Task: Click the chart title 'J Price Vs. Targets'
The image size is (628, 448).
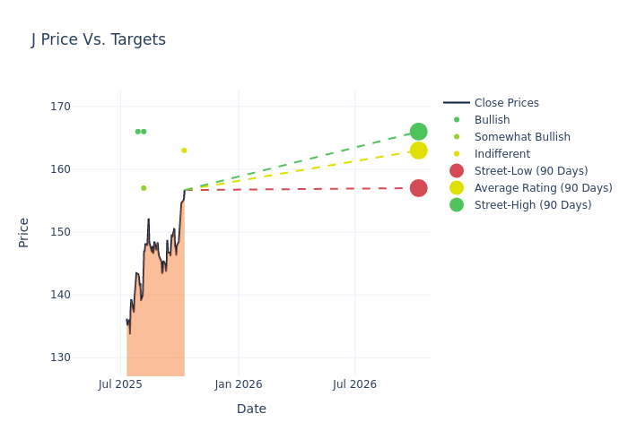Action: coord(99,39)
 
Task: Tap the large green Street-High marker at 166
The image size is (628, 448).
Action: coord(418,132)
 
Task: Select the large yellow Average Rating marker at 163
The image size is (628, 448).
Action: coord(418,151)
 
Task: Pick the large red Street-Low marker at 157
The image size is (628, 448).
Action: coord(418,188)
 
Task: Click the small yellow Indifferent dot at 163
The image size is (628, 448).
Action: coord(184,151)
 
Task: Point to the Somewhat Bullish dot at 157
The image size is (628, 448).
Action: coord(144,188)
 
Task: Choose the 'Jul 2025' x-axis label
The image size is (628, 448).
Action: coord(121,384)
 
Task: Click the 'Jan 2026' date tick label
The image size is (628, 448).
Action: coord(239,384)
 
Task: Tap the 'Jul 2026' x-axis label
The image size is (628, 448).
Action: coord(354,384)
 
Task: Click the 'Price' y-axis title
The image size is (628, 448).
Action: coord(24,232)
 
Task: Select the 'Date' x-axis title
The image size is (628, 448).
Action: coord(251,409)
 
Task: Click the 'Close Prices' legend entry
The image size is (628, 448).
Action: coord(506,103)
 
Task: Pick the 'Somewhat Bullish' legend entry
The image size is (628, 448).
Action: coord(522,137)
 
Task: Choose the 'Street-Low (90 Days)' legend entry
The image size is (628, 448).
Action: coord(531,171)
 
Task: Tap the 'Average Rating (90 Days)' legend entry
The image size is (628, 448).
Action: coord(543,188)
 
